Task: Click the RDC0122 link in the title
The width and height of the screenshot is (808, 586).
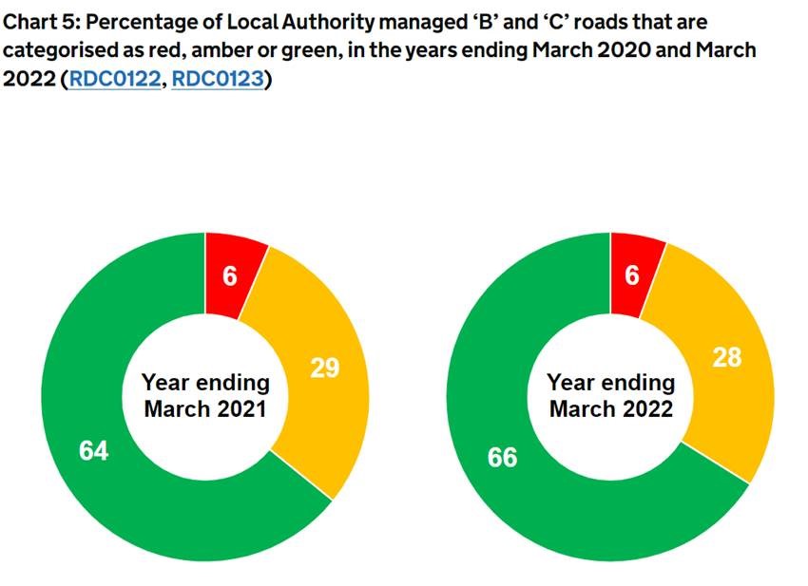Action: click(112, 80)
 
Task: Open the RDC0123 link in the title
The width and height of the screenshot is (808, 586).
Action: click(217, 80)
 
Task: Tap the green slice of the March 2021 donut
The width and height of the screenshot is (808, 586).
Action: click(114, 475)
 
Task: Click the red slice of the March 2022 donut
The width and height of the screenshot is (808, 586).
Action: click(634, 272)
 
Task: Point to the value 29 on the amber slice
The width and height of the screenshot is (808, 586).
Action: click(325, 368)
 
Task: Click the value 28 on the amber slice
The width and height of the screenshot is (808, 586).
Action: click(727, 357)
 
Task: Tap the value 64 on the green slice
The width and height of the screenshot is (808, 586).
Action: click(93, 451)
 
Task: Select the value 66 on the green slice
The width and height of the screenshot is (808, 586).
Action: click(502, 457)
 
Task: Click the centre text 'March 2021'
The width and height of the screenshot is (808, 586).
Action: click(205, 409)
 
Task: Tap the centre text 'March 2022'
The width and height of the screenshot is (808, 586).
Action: click(611, 409)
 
